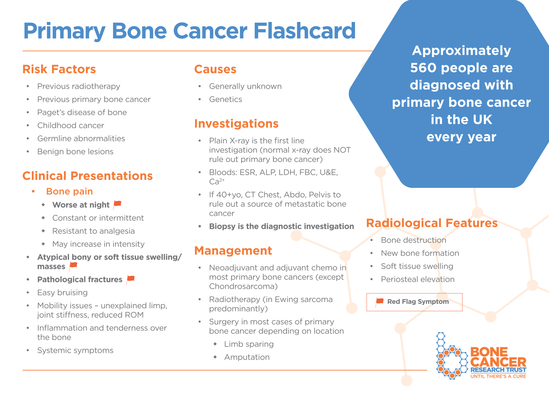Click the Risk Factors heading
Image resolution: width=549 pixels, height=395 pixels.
(x=59, y=69)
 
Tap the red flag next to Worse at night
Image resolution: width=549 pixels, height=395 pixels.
(x=117, y=204)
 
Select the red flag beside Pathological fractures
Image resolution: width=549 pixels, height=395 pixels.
(x=131, y=279)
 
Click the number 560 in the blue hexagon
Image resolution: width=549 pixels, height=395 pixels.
(x=424, y=68)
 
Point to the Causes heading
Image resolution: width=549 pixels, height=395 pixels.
(x=215, y=69)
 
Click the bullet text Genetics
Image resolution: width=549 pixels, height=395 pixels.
(x=226, y=99)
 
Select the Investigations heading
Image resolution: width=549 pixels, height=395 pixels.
(x=236, y=124)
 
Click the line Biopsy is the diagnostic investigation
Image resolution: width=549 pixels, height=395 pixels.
(x=281, y=226)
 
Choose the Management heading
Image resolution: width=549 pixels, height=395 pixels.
(x=233, y=251)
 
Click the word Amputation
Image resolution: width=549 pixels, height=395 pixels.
(x=247, y=357)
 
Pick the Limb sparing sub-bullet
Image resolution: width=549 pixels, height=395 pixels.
(x=249, y=344)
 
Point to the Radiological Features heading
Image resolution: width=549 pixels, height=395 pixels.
(x=432, y=223)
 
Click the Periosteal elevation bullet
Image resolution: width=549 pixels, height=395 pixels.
(x=418, y=279)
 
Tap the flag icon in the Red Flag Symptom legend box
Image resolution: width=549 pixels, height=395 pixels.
(x=379, y=302)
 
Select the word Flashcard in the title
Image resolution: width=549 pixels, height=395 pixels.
(x=305, y=31)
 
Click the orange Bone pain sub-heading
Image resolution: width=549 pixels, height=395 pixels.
(x=69, y=192)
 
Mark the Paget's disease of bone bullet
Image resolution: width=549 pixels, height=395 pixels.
(x=82, y=113)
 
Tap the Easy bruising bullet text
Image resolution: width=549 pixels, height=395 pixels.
(x=62, y=293)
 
